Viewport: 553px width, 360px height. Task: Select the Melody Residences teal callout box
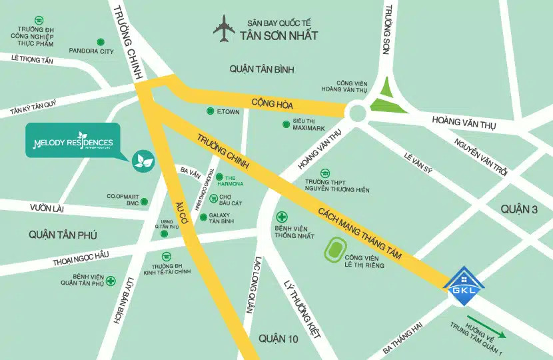click(73, 141)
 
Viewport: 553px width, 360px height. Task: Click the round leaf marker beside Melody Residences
click(143, 159)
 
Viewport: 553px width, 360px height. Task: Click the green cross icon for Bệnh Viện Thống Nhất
click(282, 217)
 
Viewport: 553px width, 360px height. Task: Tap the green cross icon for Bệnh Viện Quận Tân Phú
click(111, 281)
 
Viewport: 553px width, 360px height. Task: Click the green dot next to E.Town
click(201, 111)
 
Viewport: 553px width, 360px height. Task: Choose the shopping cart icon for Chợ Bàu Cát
click(213, 198)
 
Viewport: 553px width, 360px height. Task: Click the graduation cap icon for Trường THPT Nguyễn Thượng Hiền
click(324, 172)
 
